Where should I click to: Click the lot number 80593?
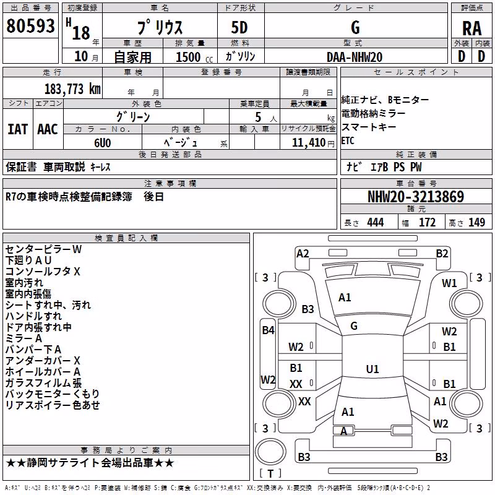[x=30, y=25]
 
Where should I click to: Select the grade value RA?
[x=471, y=28]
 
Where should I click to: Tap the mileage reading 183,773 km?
[x=72, y=88]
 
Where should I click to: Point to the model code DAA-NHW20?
[x=355, y=57]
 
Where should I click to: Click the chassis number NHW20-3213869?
[x=416, y=197]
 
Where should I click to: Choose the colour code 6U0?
[x=103, y=143]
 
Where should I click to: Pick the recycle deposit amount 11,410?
[x=308, y=143]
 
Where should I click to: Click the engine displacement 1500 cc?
[x=194, y=57]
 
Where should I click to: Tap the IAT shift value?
[x=17, y=129]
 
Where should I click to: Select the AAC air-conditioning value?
[x=48, y=129]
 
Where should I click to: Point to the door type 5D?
[x=239, y=28]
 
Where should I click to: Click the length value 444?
[x=376, y=223]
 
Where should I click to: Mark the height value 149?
[x=476, y=223]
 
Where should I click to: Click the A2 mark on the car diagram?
[x=303, y=254]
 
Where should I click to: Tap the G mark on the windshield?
[x=354, y=326]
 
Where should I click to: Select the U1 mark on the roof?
[x=372, y=369]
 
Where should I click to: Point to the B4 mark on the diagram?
[x=269, y=330]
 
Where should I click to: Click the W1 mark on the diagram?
[x=449, y=283]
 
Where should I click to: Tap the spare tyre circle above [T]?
[x=270, y=452]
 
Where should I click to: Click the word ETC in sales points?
[x=348, y=140]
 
